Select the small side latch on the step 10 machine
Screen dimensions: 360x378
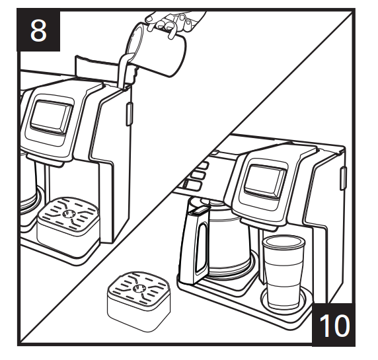pos(344,176)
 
